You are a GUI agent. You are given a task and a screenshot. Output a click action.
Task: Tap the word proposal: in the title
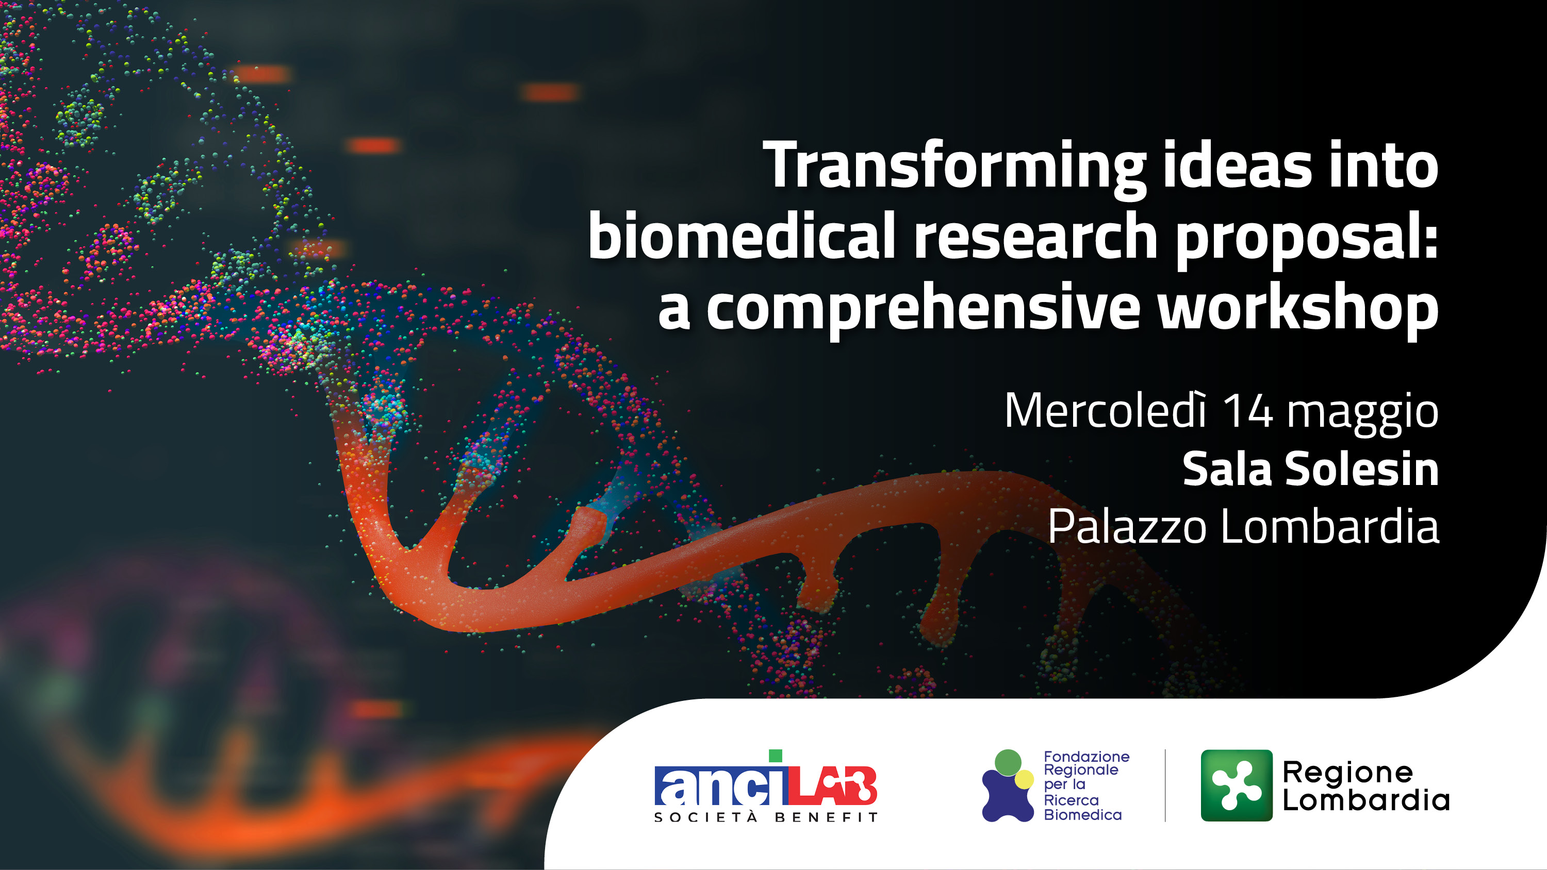point(1307,239)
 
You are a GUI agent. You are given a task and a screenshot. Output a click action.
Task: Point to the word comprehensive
point(923,309)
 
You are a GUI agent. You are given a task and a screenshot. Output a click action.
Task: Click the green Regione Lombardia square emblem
point(1237,785)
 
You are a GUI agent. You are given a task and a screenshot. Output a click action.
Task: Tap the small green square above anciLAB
point(776,756)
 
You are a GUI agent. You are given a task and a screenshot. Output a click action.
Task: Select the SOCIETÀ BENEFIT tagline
point(766,817)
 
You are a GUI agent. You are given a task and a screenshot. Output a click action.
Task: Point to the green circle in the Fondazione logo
point(1008,762)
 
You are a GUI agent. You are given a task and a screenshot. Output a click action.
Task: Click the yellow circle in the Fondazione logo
point(1024,779)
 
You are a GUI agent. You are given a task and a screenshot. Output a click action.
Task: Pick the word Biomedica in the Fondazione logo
point(1083,815)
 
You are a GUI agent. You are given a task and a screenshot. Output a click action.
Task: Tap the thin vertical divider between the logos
point(1165,785)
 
